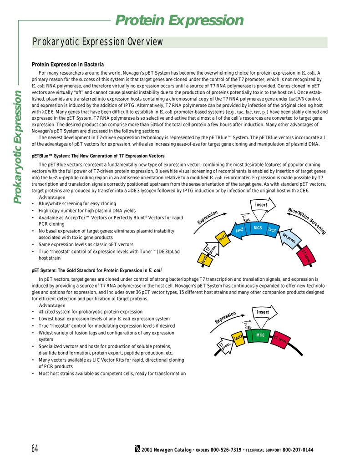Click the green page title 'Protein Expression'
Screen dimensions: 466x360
[x=179, y=20]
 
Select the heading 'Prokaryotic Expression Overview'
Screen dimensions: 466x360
[x=97, y=42]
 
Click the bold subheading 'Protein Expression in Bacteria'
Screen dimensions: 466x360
[x=67, y=65]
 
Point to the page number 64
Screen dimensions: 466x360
[x=35, y=449]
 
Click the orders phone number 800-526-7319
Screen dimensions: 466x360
[x=226, y=450]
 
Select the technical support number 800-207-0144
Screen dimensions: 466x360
[x=298, y=450]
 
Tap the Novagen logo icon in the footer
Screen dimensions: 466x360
[x=137, y=450]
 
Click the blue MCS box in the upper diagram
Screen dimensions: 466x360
[x=258, y=228]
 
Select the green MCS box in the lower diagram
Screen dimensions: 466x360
[x=260, y=335]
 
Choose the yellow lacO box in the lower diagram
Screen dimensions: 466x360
[x=237, y=338]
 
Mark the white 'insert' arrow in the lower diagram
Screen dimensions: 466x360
[x=263, y=312]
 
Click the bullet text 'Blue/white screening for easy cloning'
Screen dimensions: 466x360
[x=77, y=203]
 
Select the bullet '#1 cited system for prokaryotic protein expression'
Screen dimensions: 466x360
[x=90, y=312]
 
